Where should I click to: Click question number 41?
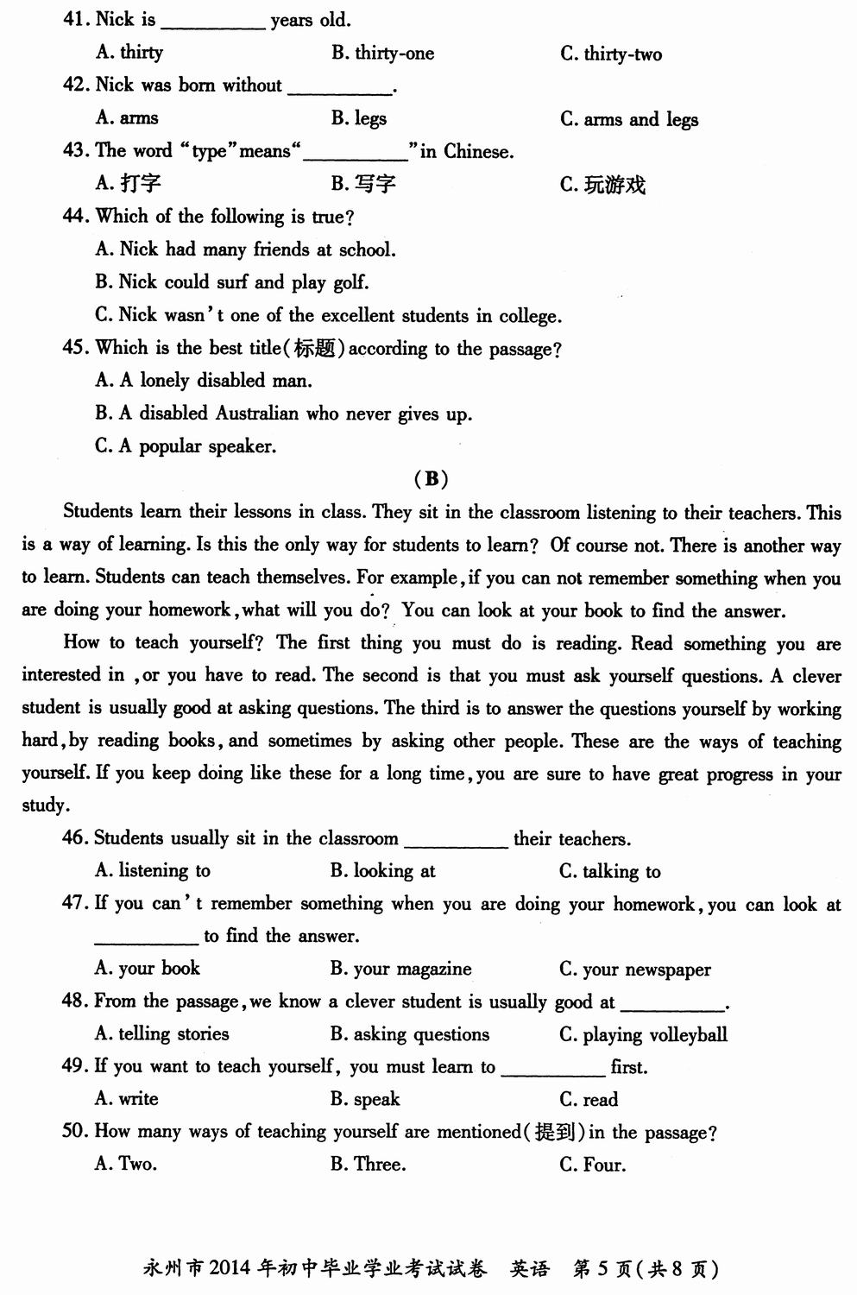click(x=76, y=19)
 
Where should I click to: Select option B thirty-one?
click(x=382, y=54)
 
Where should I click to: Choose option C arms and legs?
click(x=629, y=119)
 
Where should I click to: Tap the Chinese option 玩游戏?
click(x=614, y=185)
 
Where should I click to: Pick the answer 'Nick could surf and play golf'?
click(x=231, y=282)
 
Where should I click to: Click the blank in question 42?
click(x=339, y=89)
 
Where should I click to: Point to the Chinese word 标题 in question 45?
click(x=314, y=348)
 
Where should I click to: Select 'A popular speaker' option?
click(x=186, y=446)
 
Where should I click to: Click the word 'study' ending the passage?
click(x=43, y=805)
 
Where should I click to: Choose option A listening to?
click(x=153, y=871)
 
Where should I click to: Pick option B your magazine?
click(x=400, y=970)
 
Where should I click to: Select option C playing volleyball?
click(x=643, y=1034)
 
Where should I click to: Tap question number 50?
click(x=74, y=1131)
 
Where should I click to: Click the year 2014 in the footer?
click(x=229, y=1268)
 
